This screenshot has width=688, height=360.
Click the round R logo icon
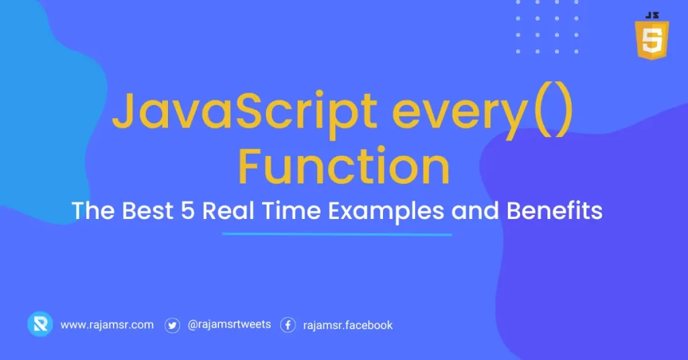(x=40, y=324)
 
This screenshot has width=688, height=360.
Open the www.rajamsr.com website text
(x=107, y=325)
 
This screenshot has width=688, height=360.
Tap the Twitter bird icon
(x=173, y=325)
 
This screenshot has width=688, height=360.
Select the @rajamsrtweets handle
(x=229, y=324)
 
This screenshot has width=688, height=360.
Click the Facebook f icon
(x=288, y=325)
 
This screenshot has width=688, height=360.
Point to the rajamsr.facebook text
(x=348, y=325)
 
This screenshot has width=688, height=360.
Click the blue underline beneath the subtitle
(x=337, y=234)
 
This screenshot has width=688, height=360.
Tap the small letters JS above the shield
(x=650, y=14)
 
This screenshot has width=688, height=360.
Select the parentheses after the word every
(x=551, y=114)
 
